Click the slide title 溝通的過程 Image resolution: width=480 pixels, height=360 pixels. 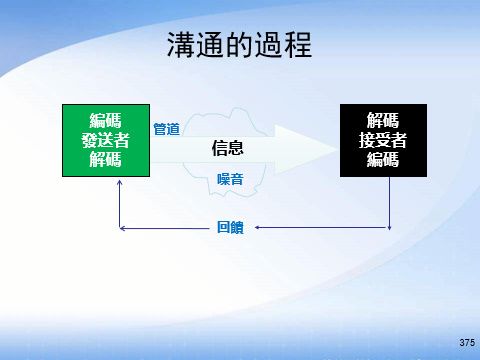239,45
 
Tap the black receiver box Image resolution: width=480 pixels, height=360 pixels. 382,139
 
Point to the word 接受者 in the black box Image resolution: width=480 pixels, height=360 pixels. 382,140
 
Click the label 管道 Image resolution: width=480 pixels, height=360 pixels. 166,129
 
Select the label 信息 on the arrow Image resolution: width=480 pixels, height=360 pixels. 229,148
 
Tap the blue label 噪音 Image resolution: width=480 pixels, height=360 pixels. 231,178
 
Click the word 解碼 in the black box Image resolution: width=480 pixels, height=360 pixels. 382,122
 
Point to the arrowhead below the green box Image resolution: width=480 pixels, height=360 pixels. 119,183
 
